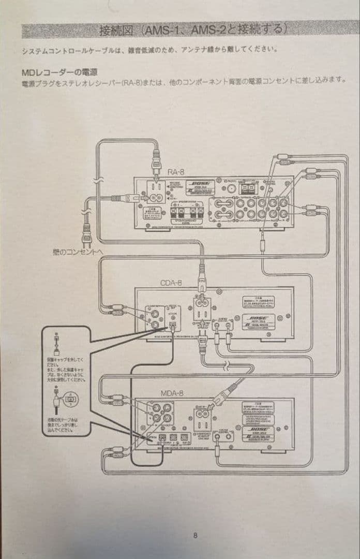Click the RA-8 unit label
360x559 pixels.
(x=176, y=172)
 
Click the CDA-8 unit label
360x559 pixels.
(x=171, y=283)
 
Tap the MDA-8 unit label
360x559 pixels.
(x=172, y=393)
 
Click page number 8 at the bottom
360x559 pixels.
(x=195, y=535)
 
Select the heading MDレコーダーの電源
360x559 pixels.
(x=59, y=72)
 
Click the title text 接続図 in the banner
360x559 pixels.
(x=117, y=30)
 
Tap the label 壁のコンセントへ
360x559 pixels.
(x=78, y=252)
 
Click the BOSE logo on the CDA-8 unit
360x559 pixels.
(x=258, y=320)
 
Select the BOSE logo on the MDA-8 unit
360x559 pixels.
(x=258, y=430)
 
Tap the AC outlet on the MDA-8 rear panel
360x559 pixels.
(x=203, y=415)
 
